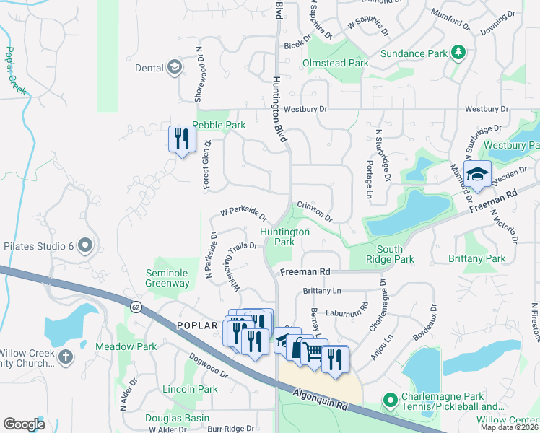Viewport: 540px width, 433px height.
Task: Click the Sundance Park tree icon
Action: click(457, 53)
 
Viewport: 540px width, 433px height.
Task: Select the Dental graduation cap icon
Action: click(174, 69)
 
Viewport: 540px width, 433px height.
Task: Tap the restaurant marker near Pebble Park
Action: click(182, 138)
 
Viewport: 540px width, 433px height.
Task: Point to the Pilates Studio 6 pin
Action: click(86, 247)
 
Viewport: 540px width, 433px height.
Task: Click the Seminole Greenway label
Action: click(167, 278)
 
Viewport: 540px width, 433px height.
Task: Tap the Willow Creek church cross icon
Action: click(66, 357)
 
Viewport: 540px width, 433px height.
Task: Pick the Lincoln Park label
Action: click(190, 389)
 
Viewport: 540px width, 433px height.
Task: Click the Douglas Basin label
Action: click(177, 418)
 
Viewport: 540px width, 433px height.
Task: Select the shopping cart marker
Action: click(313, 351)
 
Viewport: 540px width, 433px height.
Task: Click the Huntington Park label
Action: click(285, 237)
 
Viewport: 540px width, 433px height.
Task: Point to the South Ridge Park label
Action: click(394, 254)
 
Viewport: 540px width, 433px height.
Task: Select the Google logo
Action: click(25, 424)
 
